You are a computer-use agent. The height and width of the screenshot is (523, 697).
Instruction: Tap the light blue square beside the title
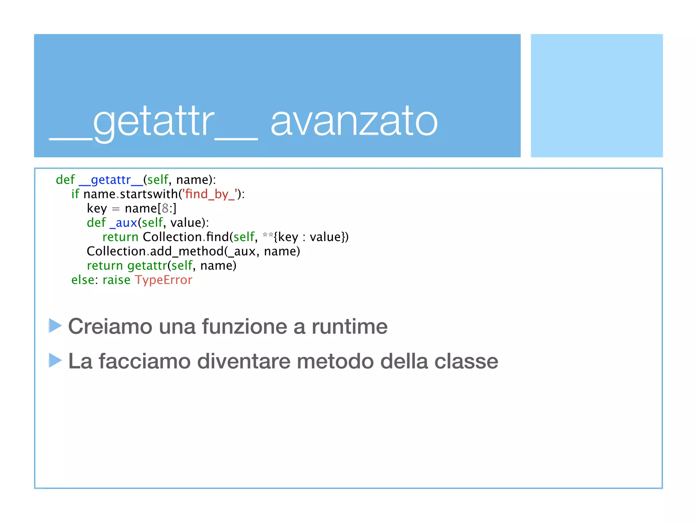tap(597, 95)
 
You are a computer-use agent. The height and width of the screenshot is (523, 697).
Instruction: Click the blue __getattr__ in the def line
tap(111, 180)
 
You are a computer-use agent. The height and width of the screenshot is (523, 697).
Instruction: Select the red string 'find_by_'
tap(210, 194)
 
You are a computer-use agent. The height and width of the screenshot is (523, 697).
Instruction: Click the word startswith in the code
tap(149, 194)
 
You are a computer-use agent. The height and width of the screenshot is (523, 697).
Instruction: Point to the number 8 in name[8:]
tap(165, 208)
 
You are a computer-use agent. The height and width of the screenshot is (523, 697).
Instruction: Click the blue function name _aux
tap(123, 223)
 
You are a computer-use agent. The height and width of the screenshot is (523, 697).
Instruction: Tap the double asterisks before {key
tap(268, 236)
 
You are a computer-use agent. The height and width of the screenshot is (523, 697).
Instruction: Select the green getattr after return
tap(147, 266)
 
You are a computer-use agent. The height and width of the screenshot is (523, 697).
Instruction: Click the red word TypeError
tap(164, 280)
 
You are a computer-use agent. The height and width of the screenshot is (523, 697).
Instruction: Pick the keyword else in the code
tap(82, 280)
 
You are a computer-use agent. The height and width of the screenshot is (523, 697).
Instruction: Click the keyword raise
tap(116, 280)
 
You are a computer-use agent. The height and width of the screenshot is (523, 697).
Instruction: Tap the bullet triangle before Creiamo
tap(55, 326)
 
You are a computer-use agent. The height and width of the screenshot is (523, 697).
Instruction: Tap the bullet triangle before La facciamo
tap(55, 360)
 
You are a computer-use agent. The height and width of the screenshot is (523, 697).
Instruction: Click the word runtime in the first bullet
tap(350, 327)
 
